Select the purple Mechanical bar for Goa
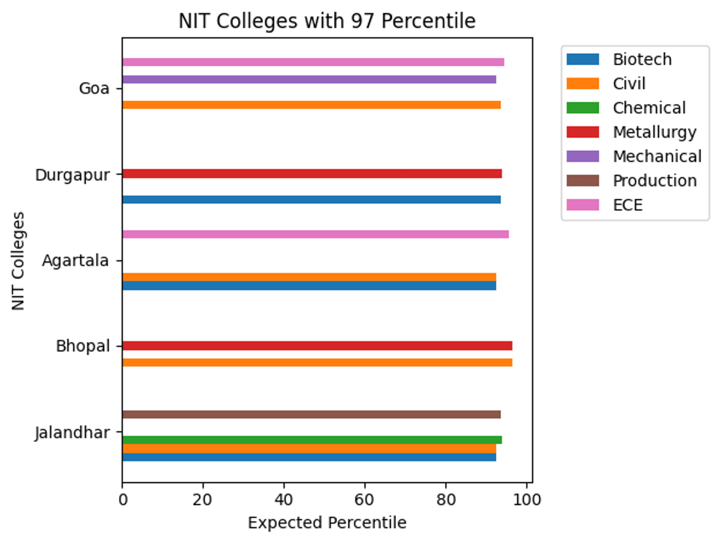click(x=309, y=80)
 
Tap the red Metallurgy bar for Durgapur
click(x=312, y=174)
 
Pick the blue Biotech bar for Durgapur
click(x=311, y=199)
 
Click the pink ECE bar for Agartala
click(x=315, y=234)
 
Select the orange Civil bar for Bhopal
click(x=317, y=362)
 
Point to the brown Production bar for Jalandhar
click(x=311, y=414)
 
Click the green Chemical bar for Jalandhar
click(x=312, y=440)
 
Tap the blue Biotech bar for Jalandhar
click(x=309, y=457)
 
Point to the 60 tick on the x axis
click(x=365, y=498)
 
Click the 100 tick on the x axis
click(x=526, y=498)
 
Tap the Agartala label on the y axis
click(x=75, y=260)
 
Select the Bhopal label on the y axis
click(x=83, y=346)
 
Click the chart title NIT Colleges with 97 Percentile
click(x=327, y=22)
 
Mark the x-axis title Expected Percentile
click(x=327, y=523)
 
